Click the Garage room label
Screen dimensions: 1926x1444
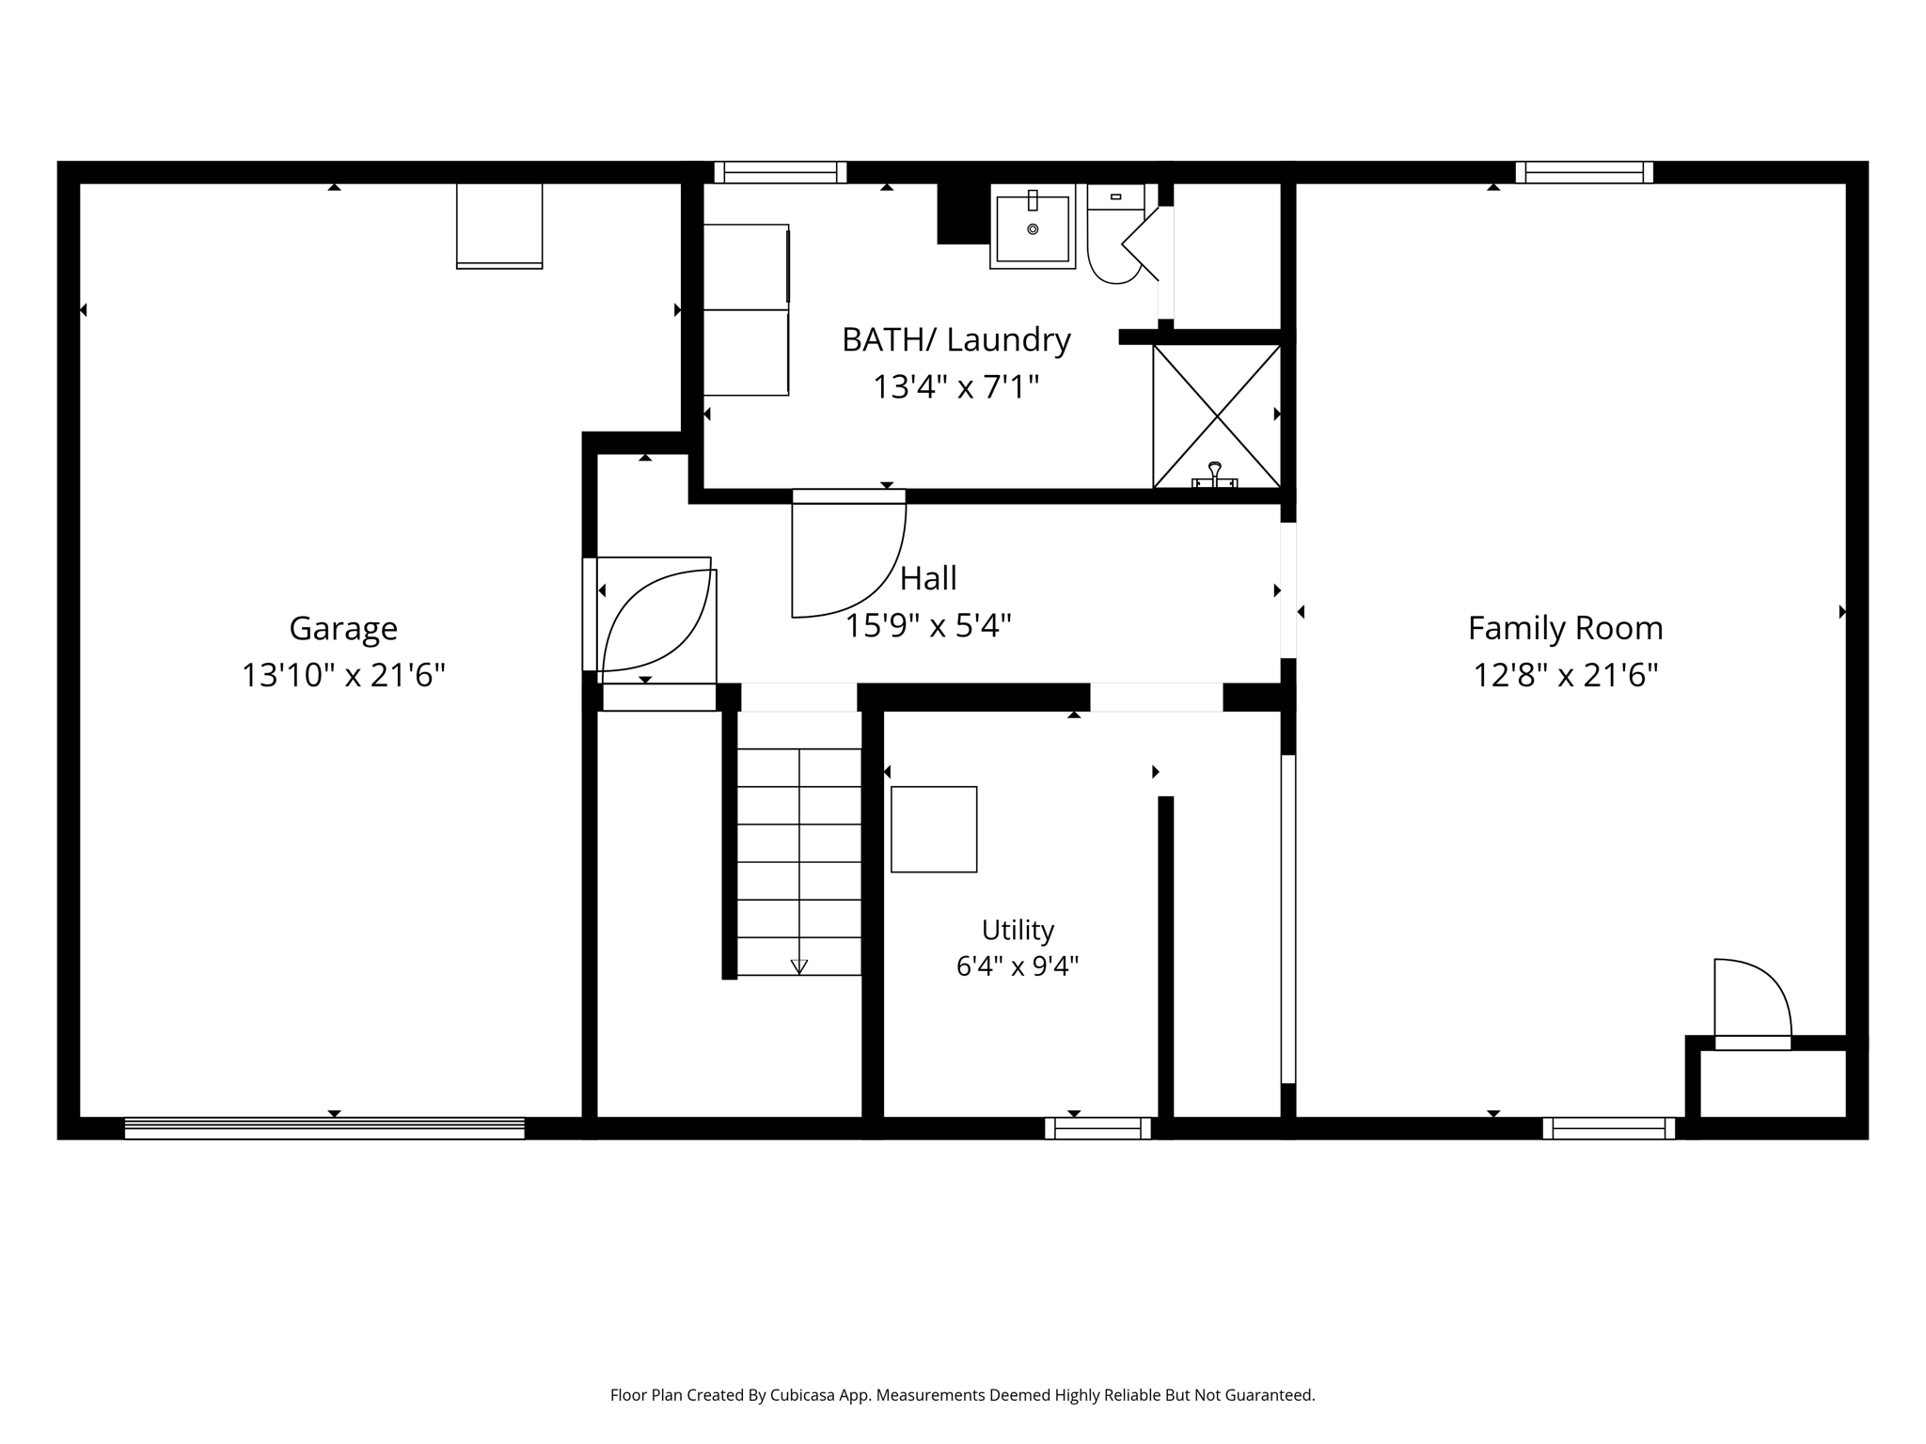coord(343,629)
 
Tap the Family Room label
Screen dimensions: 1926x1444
coord(1565,628)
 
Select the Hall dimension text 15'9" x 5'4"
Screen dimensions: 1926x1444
coord(928,626)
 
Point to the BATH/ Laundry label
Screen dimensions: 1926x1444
coord(956,339)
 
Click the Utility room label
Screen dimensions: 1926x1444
coord(1018,930)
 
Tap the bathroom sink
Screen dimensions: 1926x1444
coord(1033,227)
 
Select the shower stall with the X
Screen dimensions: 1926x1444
coord(1217,416)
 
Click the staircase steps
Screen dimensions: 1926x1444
coord(799,861)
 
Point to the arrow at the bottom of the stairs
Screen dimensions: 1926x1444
coord(799,966)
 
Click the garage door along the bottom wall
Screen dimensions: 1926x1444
coord(324,1128)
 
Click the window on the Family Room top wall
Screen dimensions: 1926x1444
coord(1585,172)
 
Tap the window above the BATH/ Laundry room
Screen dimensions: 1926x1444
coord(781,172)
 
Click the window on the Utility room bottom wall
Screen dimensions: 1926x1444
coord(1097,1128)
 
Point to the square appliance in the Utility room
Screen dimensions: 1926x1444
coord(934,829)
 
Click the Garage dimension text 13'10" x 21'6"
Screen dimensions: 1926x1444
coord(343,675)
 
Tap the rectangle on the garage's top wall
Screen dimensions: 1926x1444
coord(499,226)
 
